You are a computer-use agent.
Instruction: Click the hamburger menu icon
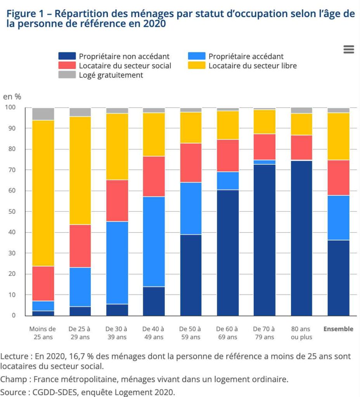[349, 49]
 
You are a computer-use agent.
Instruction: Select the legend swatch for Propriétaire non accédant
[67, 56]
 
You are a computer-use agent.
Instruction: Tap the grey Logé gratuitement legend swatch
[67, 75]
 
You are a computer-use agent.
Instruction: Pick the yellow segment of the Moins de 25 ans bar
[43, 193]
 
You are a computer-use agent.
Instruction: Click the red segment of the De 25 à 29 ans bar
[80, 246]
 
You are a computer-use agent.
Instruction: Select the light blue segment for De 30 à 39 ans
[117, 263]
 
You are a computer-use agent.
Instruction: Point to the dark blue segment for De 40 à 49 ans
[154, 301]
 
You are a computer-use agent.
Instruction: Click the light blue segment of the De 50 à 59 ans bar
[191, 208]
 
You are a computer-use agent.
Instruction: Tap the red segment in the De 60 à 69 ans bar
[228, 156]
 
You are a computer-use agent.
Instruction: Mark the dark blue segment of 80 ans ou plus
[301, 238]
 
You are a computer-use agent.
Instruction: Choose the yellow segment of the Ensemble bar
[338, 136]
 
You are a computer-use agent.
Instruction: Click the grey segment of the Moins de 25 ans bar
[43, 114]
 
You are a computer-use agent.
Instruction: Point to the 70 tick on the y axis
[12, 170]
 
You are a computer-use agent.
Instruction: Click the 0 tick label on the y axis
[14, 316]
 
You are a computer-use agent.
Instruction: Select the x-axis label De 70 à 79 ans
[264, 333]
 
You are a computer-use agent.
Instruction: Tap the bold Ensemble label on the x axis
[338, 329]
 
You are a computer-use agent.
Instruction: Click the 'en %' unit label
[12, 97]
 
